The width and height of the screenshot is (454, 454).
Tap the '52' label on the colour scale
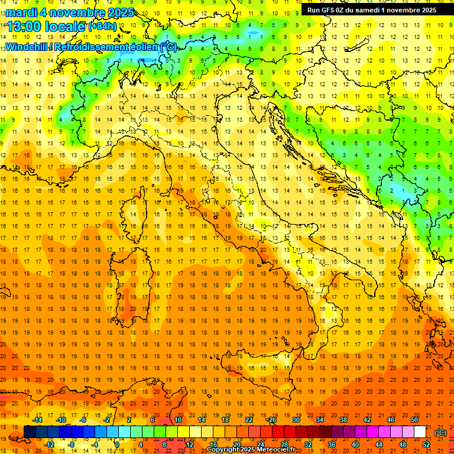coord(426,444)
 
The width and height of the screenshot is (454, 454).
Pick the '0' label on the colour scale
coord(117,444)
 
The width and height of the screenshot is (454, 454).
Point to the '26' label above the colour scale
coord(273,420)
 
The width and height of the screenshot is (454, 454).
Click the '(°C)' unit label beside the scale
coord(440,432)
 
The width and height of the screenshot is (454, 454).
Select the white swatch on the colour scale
coord(420,432)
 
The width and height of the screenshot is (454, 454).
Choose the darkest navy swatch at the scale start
coord(29,432)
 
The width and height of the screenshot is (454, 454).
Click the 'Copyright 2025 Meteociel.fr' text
coord(251,450)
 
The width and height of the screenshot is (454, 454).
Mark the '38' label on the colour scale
coord(343,420)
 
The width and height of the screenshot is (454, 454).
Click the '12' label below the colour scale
coord(190,444)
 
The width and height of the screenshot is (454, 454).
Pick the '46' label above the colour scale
coord(391,420)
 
